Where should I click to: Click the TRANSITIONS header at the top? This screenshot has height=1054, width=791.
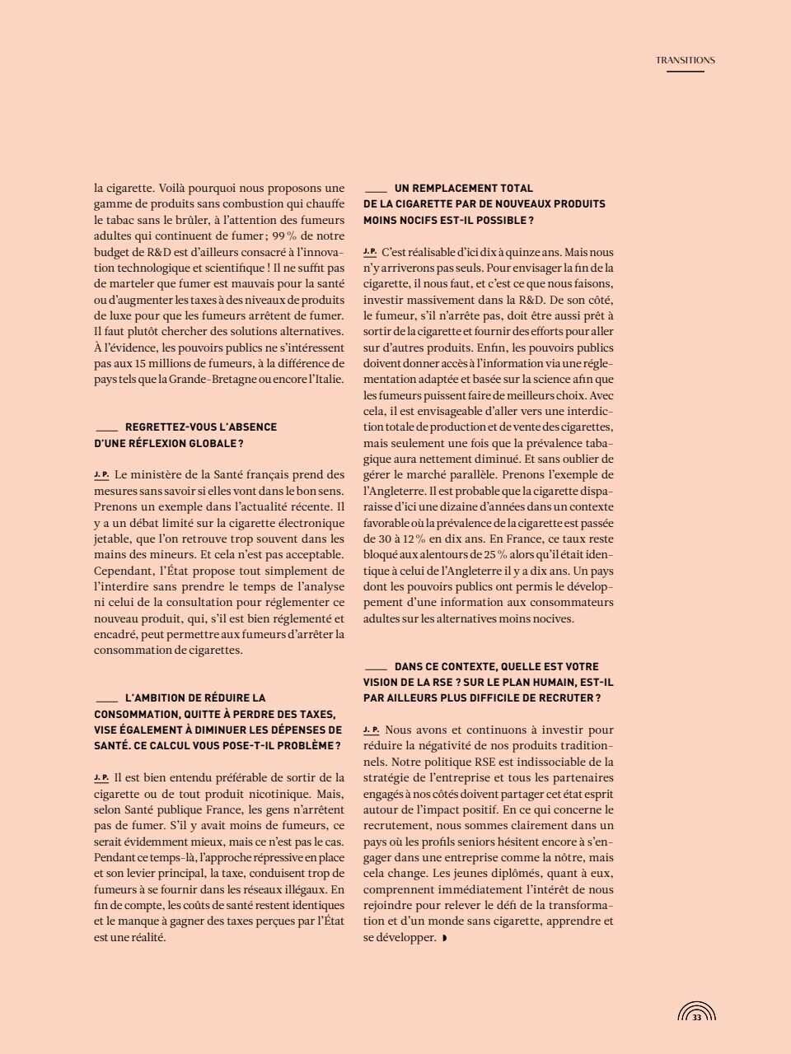click(x=685, y=60)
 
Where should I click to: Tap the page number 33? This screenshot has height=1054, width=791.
click(x=696, y=1018)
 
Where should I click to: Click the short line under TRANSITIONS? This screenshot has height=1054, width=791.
click(x=685, y=72)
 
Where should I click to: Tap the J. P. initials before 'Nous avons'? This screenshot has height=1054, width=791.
click(x=371, y=730)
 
